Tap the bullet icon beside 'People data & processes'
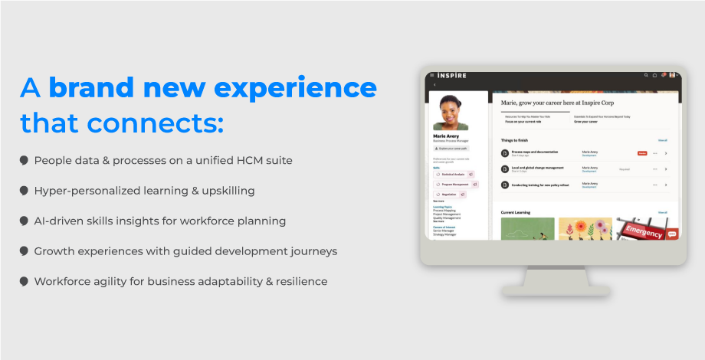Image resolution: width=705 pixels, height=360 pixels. coord(25,161)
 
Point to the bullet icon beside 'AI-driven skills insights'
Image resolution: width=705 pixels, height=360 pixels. coord(25,221)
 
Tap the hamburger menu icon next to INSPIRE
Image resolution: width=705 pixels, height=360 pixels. coord(431,75)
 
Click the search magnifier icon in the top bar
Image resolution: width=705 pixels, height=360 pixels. coord(646,75)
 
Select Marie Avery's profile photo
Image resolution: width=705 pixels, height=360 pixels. coord(450,113)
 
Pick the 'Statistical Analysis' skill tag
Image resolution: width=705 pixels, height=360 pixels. coord(453,175)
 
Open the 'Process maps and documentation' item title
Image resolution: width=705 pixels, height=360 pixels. coord(535,152)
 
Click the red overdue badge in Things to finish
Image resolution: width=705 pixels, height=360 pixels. coord(642,153)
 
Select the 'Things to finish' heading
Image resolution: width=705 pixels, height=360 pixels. coord(515,140)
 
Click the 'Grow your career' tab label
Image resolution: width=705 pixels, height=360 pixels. coord(586,121)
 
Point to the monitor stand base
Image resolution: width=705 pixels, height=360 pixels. coord(556,290)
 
